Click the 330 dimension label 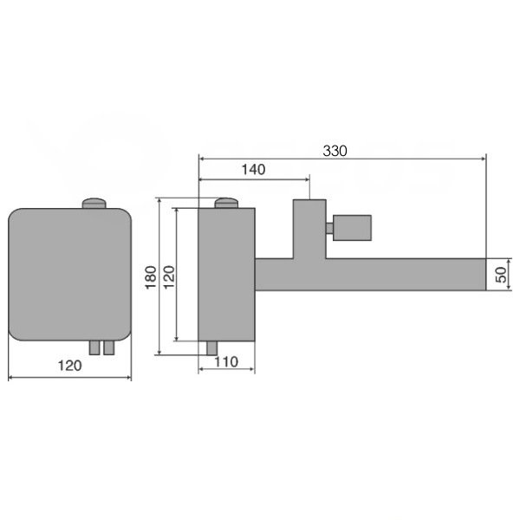(335, 151)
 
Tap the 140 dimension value (253, 170)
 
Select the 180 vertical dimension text (151, 277)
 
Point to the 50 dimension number (501, 275)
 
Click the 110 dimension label (226, 361)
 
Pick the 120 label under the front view (69, 366)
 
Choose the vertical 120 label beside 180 (169, 277)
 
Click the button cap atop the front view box (94, 204)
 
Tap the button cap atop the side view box (227, 203)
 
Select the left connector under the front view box (94, 348)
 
